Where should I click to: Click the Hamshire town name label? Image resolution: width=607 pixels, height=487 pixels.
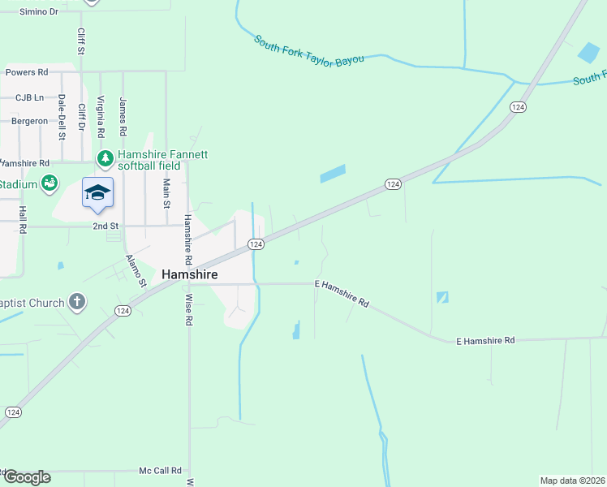point(190,275)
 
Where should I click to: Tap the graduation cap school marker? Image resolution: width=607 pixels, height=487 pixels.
point(97,193)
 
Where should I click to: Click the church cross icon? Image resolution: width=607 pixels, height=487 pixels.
point(77,303)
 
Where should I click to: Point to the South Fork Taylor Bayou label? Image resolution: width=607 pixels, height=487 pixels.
point(308,50)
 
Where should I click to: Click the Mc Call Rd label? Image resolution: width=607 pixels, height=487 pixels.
point(160,471)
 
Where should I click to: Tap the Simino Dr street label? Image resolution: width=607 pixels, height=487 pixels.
point(39,12)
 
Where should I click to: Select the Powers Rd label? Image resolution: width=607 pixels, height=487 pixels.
point(27,72)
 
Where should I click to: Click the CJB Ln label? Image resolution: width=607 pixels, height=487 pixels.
point(30,97)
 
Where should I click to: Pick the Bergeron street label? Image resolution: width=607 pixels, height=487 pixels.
point(29,121)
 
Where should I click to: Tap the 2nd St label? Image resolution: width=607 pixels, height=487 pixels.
point(105,226)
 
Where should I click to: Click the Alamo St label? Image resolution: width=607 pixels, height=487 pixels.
point(135,271)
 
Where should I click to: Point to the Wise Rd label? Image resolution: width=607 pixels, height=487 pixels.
point(189,309)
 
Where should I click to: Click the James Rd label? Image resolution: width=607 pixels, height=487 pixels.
point(123,117)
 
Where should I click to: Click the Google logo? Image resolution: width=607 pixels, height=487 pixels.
point(27,477)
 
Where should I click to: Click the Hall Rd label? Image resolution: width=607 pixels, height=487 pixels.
point(24,220)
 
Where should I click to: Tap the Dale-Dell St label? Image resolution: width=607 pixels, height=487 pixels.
point(62,113)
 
